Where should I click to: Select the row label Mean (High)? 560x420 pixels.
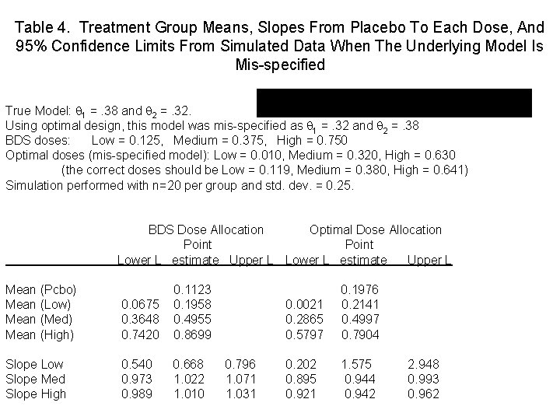click(x=40, y=334)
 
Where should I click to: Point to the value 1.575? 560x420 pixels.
click(x=358, y=364)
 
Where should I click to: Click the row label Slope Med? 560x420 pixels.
click(x=35, y=379)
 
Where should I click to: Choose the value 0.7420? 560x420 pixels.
click(x=141, y=334)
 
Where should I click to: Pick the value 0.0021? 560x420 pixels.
click(x=306, y=304)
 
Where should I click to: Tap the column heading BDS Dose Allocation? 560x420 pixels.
click(x=206, y=229)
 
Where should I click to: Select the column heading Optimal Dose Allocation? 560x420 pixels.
click(x=376, y=229)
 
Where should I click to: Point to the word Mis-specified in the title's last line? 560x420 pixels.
click(x=280, y=65)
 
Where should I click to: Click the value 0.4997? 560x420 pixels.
click(x=361, y=320)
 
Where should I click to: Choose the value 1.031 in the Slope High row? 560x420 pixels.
click(x=240, y=394)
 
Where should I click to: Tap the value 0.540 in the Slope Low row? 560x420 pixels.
click(x=136, y=364)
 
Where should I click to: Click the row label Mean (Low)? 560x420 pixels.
click(x=39, y=304)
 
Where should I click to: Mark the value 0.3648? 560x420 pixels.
click(x=141, y=320)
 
